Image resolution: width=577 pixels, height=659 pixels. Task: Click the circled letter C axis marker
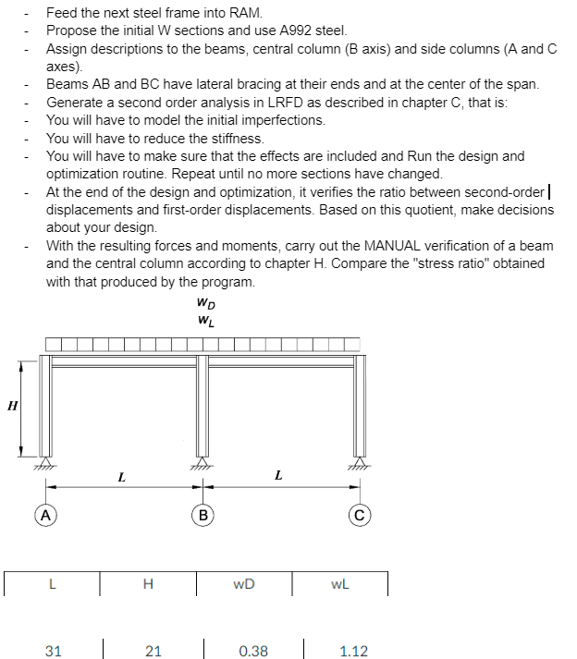click(x=357, y=514)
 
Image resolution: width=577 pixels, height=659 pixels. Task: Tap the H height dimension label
click(x=12, y=405)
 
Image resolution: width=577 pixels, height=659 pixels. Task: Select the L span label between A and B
click(x=122, y=477)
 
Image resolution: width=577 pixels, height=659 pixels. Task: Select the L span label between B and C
click(x=278, y=476)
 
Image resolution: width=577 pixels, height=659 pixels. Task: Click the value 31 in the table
click(x=54, y=651)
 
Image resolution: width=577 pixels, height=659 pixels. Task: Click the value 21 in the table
click(x=153, y=651)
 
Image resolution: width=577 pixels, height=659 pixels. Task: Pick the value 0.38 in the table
click(x=252, y=651)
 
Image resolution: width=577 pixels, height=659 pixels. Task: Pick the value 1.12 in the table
click(x=353, y=651)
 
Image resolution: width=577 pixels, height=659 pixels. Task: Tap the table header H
click(x=148, y=584)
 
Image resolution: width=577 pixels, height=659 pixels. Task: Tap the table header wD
click(x=245, y=584)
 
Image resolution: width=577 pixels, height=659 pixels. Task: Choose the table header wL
click(x=340, y=584)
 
